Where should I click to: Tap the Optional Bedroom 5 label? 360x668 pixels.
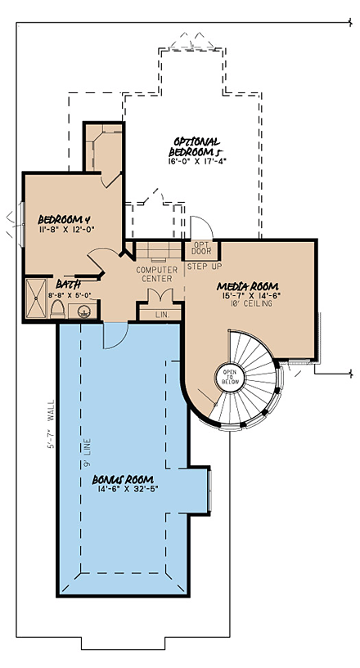[197, 145]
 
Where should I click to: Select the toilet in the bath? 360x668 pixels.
[57, 309]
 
